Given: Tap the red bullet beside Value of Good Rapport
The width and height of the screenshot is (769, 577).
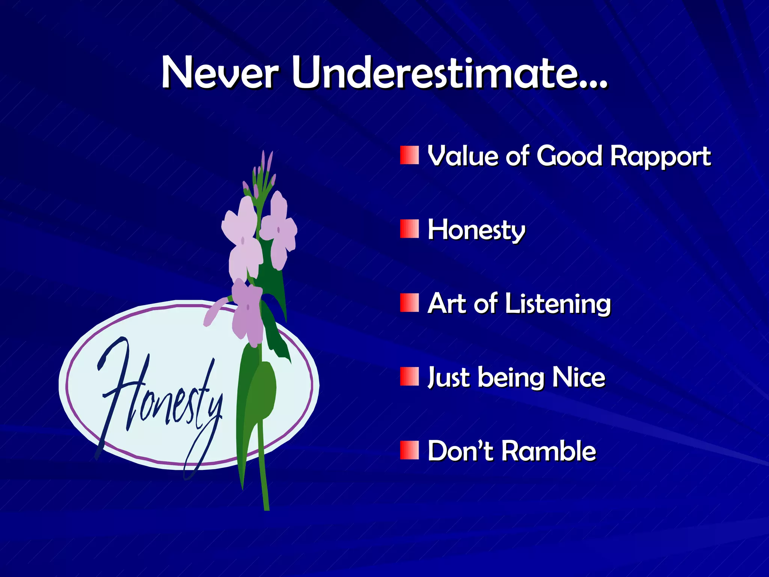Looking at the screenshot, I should point(409,156).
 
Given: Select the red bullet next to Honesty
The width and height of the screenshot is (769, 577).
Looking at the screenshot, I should point(409,229).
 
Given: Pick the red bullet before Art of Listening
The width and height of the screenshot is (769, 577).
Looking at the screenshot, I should point(409,303).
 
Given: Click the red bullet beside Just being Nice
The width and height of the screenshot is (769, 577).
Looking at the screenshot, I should point(409,377).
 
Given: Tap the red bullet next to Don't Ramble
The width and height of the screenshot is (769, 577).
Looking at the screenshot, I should point(409,450).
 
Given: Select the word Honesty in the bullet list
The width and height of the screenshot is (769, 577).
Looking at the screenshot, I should point(476,230).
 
